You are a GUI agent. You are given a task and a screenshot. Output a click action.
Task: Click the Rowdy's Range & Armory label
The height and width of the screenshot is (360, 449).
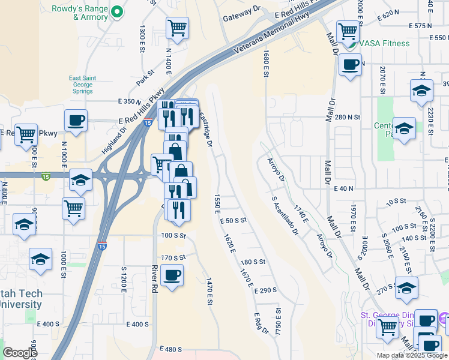tap(80, 13)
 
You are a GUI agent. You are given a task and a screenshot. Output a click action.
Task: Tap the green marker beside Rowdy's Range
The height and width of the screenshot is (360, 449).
tap(118, 12)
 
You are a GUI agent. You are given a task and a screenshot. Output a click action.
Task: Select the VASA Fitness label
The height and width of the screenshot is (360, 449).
tap(384, 43)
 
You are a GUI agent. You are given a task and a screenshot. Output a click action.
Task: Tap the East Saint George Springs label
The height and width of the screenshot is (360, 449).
tap(82, 85)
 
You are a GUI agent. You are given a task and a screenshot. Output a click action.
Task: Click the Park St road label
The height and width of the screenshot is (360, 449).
tap(145, 77)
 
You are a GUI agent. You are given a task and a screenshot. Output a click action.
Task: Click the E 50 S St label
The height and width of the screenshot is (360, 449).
tap(234, 220)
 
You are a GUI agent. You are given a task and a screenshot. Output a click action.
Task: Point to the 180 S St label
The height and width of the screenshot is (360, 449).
tap(253, 262)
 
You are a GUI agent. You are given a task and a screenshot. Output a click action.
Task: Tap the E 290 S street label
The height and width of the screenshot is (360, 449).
tap(265, 290)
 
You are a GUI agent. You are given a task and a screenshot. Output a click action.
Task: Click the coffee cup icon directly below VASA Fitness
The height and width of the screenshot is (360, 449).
tap(350, 64)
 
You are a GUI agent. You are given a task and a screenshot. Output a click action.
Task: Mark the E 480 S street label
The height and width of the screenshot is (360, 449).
tap(170, 349)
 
